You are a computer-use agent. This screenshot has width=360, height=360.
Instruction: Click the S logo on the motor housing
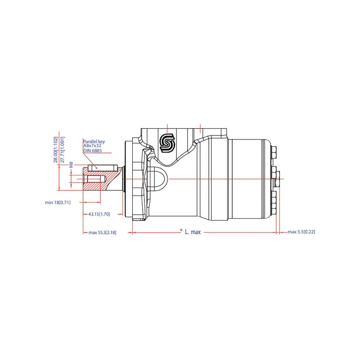click(x=167, y=144)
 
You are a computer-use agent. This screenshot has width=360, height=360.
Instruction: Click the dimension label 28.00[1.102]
click(x=56, y=149)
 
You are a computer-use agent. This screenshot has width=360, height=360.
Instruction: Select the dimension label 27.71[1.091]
click(x=62, y=149)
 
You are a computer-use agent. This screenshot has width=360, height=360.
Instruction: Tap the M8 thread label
click(x=71, y=165)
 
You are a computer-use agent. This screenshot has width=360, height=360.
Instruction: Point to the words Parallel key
click(x=94, y=142)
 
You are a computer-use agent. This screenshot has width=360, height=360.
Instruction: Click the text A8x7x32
click(x=92, y=145)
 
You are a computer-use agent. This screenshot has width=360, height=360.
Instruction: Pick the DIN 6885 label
click(x=93, y=151)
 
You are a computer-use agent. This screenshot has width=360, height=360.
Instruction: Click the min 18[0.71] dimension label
click(x=58, y=202)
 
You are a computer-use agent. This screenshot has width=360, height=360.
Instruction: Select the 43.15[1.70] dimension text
click(x=99, y=214)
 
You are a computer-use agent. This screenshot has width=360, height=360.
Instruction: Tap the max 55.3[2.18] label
click(x=103, y=233)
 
